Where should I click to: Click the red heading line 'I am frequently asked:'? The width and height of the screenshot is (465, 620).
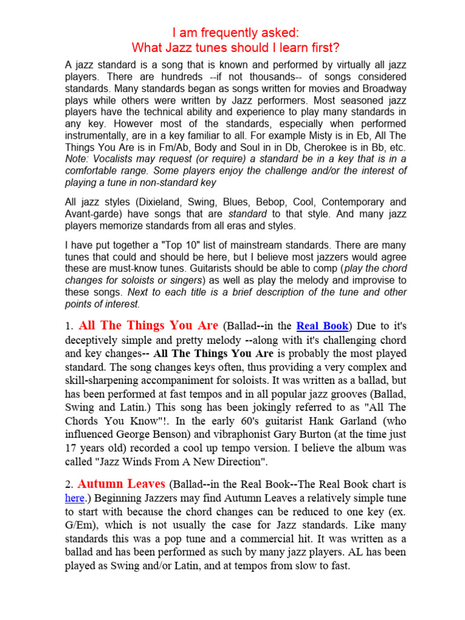233,31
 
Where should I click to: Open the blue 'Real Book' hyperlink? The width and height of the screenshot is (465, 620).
322,326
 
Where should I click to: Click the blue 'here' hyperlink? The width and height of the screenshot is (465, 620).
74,498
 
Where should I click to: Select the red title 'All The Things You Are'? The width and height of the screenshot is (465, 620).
148,326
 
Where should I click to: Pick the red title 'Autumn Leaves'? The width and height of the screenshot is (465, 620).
122,484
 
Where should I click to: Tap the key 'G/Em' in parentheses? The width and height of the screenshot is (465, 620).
81,525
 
